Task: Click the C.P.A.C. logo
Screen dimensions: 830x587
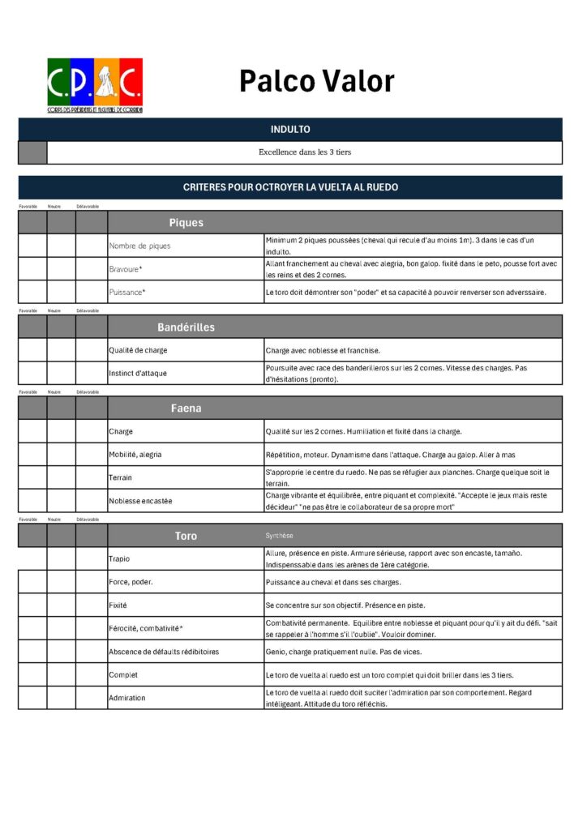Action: point(95,84)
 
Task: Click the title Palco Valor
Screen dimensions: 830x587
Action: point(316,81)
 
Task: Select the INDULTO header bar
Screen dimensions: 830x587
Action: point(289,130)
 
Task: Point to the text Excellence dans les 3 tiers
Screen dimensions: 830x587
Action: point(305,152)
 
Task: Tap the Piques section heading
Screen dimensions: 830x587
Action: point(186,222)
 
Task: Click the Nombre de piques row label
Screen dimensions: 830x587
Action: point(139,246)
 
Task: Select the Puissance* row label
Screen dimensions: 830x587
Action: point(128,292)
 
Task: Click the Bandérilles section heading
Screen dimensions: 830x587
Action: point(186,327)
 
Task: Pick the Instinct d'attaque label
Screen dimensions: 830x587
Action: point(139,373)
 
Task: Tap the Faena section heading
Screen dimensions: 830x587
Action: point(186,408)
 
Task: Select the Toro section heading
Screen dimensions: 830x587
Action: point(186,536)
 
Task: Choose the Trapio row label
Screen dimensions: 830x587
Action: point(119,558)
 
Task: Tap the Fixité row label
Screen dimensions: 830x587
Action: point(118,605)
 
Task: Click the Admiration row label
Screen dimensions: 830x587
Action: point(126,698)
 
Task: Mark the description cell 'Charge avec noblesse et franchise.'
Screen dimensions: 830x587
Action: point(323,350)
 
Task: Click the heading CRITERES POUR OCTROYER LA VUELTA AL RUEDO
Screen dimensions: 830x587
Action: point(289,187)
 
